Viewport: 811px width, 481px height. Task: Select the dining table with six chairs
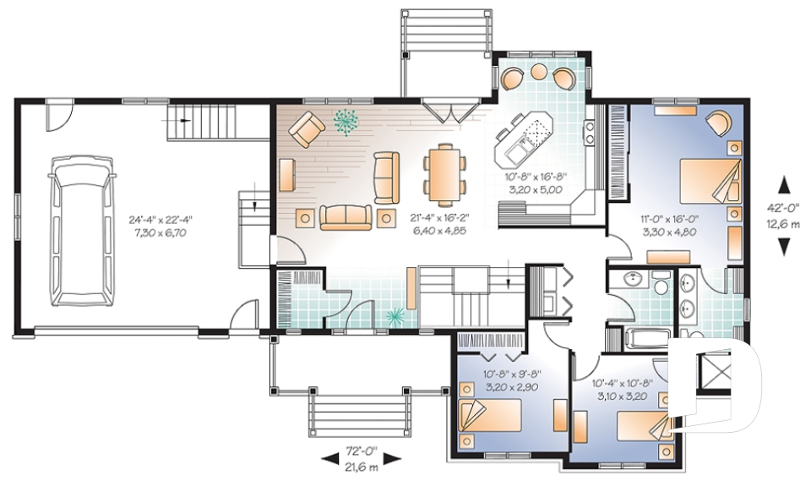444,173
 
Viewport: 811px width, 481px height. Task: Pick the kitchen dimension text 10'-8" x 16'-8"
536,176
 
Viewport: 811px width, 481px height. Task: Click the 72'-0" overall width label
361,451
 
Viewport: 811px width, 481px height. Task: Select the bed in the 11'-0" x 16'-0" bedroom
709,181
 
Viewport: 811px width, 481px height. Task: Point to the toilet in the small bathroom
659,281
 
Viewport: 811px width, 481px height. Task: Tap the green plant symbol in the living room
347,122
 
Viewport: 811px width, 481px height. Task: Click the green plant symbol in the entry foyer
395,314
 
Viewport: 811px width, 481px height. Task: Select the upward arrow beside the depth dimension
785,185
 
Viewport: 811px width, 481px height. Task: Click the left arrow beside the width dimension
329,457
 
